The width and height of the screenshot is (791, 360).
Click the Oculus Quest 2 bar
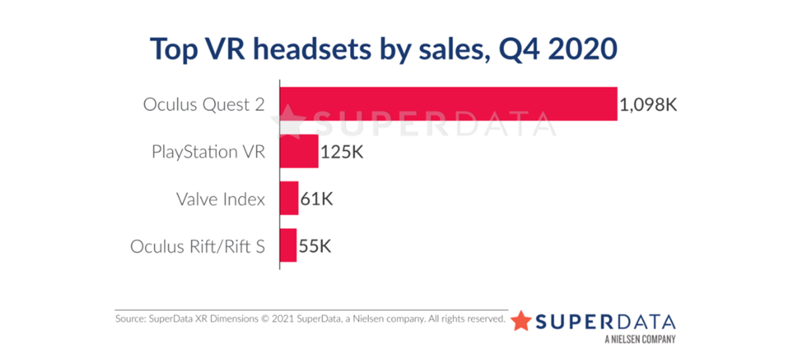pyautogui.click(x=449, y=104)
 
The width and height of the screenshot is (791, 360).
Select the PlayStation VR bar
pyautogui.click(x=299, y=151)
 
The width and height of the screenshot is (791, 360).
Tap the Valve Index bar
pyautogui.click(x=289, y=198)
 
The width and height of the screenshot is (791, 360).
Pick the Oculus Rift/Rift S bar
pyautogui.click(x=288, y=246)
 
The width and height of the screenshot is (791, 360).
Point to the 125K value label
pyautogui.click(x=342, y=152)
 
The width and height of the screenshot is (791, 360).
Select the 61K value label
pyautogui.click(x=318, y=199)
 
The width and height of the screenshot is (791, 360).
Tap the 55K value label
pyautogui.click(x=314, y=247)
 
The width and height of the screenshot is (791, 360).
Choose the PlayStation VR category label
pyautogui.click(x=208, y=152)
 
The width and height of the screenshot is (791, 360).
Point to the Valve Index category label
pyautogui.click(x=220, y=199)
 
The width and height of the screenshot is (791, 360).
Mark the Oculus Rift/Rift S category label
pyautogui.click(x=198, y=247)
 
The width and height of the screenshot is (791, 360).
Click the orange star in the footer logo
pyautogui.click(x=521, y=320)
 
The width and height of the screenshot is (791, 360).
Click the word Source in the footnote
pyautogui.click(x=130, y=320)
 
